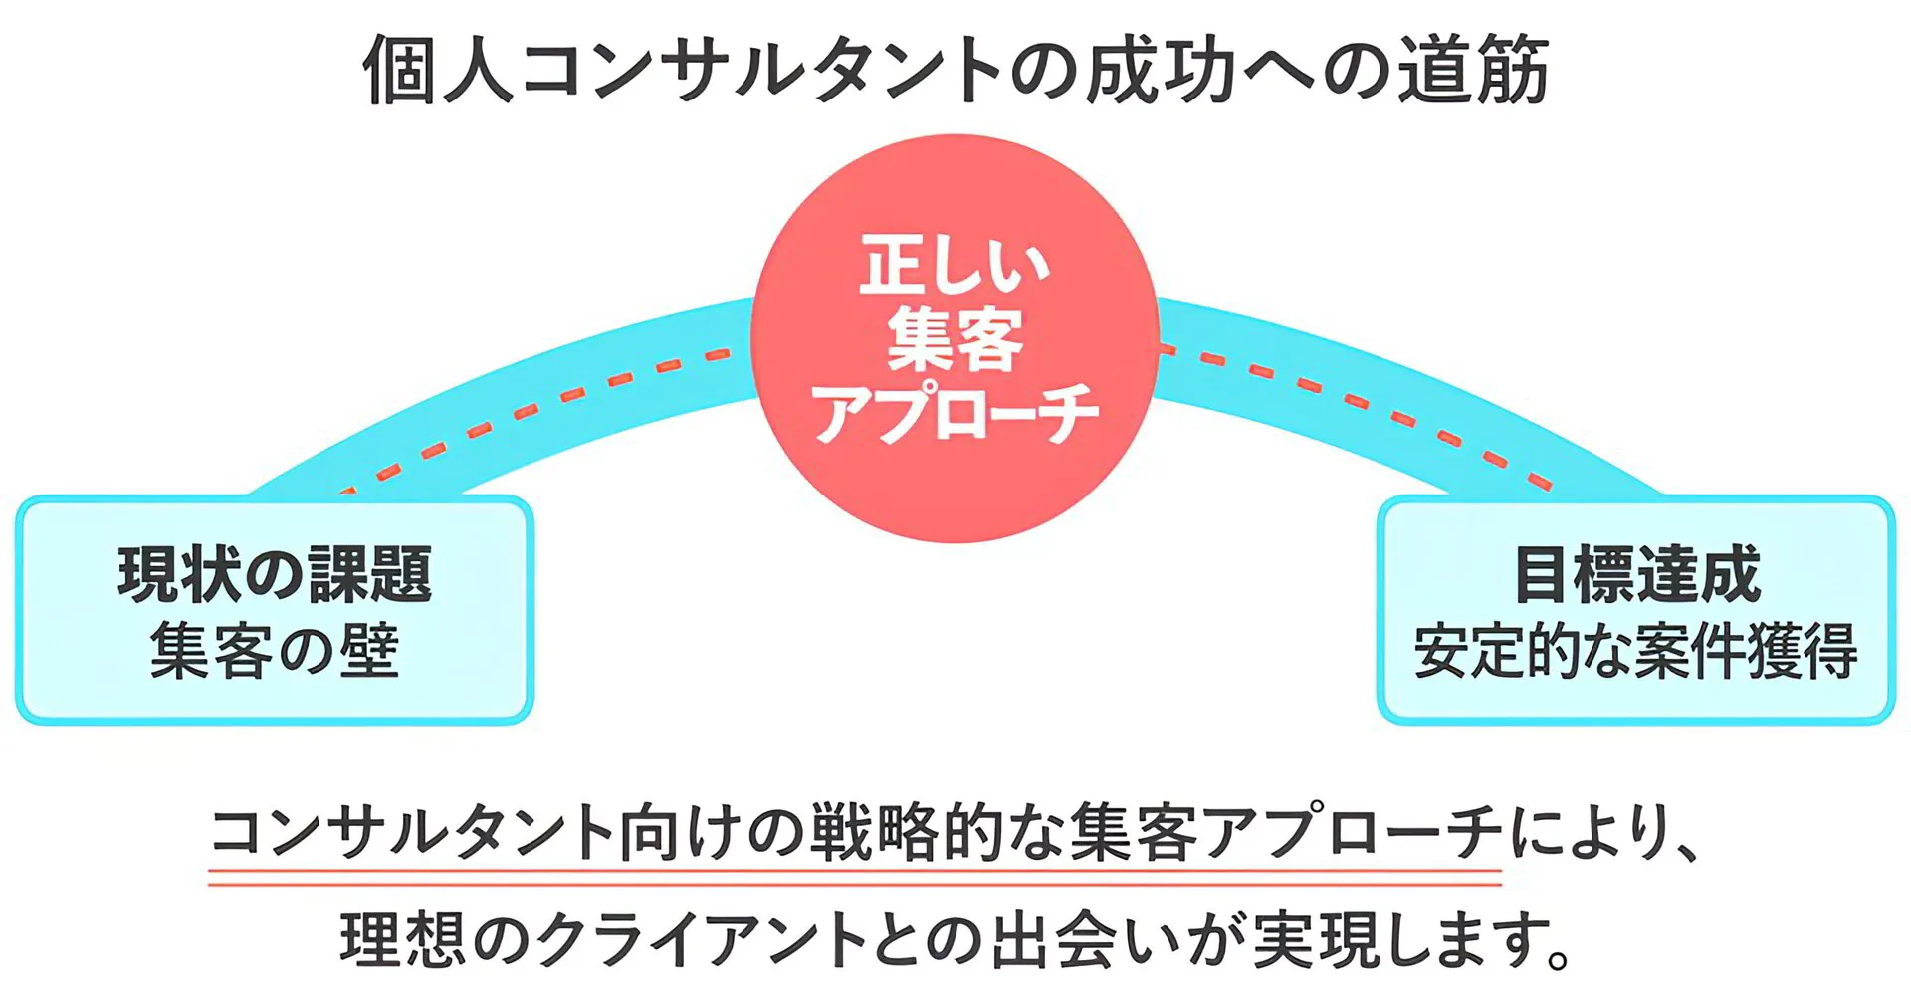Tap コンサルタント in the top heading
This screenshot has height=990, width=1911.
click(x=760, y=70)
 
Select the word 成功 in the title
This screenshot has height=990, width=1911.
click(x=1160, y=70)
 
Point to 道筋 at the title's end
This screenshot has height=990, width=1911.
click(x=1473, y=70)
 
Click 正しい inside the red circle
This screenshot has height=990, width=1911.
click(x=954, y=265)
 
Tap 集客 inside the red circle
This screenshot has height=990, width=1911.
click(x=955, y=339)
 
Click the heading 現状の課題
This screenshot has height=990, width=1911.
click(x=275, y=574)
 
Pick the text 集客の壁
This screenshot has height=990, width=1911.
click(x=275, y=652)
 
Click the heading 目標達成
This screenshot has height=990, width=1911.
click(x=1636, y=574)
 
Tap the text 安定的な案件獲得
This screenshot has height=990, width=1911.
click(x=1636, y=652)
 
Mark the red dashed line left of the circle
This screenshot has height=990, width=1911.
click(x=537, y=408)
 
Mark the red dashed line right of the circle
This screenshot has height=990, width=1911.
click(x=1364, y=403)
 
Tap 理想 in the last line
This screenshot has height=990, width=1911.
click(x=402, y=939)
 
